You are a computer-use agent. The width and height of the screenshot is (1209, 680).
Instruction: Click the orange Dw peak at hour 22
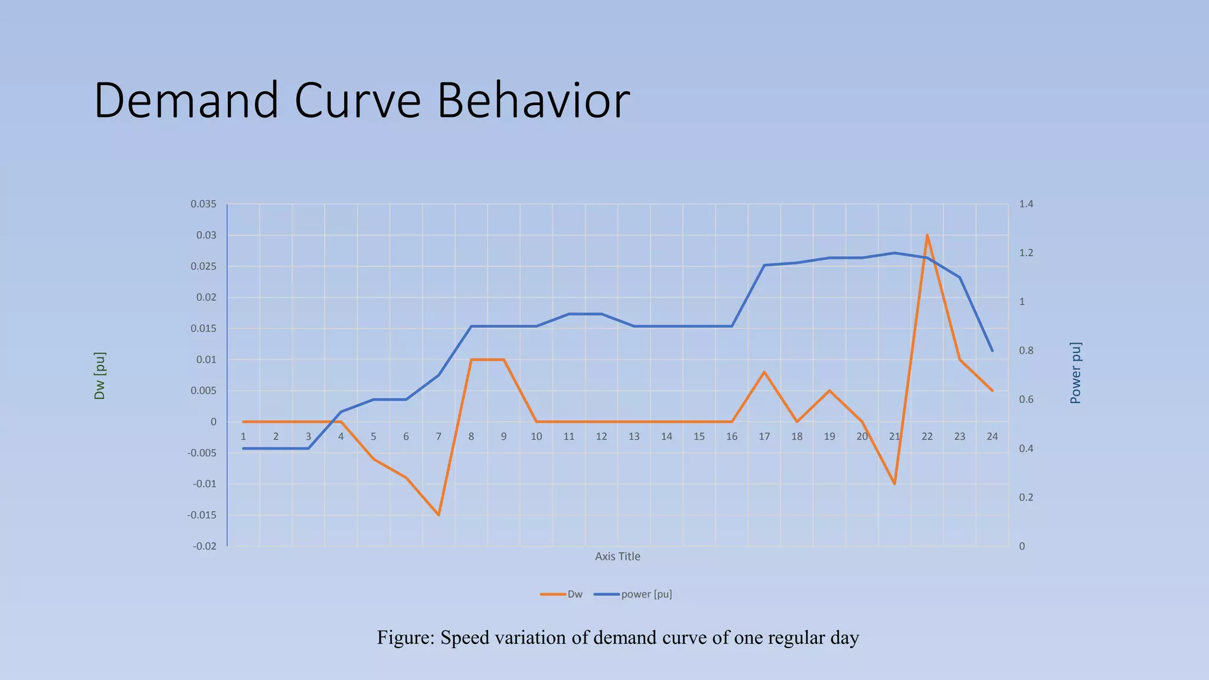pyautogui.click(x=927, y=235)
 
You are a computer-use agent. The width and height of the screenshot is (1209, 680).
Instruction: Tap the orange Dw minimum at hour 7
pyautogui.click(x=439, y=515)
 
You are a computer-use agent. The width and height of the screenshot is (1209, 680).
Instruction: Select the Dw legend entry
pyautogui.click(x=574, y=594)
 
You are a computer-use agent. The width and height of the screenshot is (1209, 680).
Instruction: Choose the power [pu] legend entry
pyautogui.click(x=646, y=594)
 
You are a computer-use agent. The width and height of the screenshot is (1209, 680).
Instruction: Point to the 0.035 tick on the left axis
pyautogui.click(x=203, y=204)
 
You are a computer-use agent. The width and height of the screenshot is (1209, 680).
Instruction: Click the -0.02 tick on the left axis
pyautogui.click(x=204, y=547)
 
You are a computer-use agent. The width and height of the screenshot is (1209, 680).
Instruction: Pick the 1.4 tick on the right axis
pyautogui.click(x=1026, y=204)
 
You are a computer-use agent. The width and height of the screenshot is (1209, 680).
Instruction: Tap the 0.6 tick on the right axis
pyautogui.click(x=1026, y=400)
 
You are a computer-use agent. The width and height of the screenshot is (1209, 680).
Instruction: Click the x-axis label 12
pyautogui.click(x=601, y=437)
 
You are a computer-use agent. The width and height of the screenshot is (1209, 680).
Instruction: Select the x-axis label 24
pyautogui.click(x=992, y=437)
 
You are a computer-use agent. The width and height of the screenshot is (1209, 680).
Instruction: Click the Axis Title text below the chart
pyautogui.click(x=617, y=557)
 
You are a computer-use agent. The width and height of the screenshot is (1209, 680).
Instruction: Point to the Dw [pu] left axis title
pyautogui.click(x=100, y=376)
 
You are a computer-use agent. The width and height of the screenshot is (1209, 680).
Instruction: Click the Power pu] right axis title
pyautogui.click(x=1076, y=373)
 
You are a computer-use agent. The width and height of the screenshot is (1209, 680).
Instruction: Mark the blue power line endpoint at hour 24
pyautogui.click(x=992, y=351)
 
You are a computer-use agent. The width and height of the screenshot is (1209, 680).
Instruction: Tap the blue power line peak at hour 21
pyautogui.click(x=894, y=253)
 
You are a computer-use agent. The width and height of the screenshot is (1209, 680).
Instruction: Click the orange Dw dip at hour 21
pyautogui.click(x=894, y=483)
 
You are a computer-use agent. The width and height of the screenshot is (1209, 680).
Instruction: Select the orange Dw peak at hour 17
pyautogui.click(x=764, y=372)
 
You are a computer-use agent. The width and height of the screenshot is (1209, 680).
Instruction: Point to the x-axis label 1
pyautogui.click(x=243, y=437)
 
